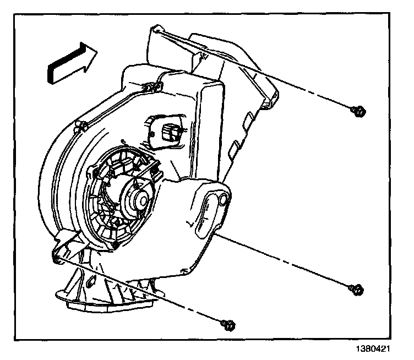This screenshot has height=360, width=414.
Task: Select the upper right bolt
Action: (358, 112)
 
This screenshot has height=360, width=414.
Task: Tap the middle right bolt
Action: (357, 288)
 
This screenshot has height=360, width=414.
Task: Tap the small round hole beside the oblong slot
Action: (222, 200)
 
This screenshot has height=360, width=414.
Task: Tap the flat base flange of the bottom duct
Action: (110, 306)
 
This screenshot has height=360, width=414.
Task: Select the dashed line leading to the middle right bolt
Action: (286, 261)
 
